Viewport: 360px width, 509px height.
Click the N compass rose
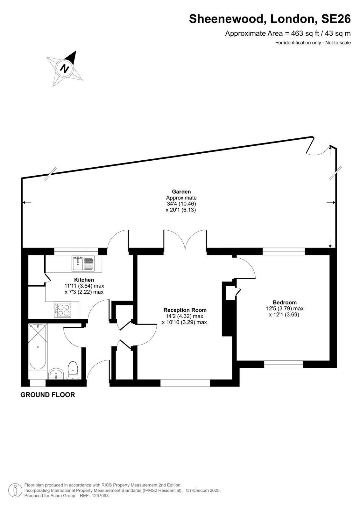tap(65, 68)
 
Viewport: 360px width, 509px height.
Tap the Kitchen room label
tap(84, 280)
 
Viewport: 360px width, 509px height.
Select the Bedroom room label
tap(285, 303)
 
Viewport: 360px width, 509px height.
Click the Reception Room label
tap(185, 310)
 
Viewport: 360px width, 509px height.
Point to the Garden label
tap(181, 192)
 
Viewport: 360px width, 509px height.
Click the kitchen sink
tap(83, 263)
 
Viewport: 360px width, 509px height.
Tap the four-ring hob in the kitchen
tap(62, 310)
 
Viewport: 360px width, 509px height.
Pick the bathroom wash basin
tap(56, 374)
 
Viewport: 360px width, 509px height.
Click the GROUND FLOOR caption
tap(48, 395)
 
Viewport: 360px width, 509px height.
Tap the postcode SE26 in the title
tap(336, 19)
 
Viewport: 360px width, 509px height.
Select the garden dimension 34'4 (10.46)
tap(181, 204)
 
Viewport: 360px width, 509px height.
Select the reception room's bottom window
tap(185, 384)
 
